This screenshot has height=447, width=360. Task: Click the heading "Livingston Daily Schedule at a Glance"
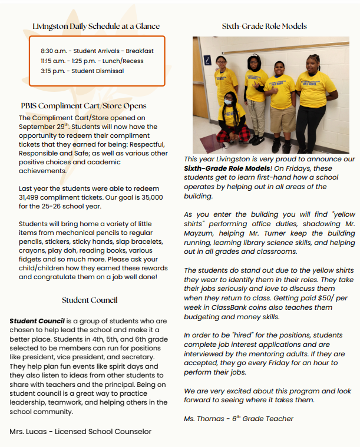point(96,27)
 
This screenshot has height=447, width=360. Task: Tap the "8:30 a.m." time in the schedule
point(54,51)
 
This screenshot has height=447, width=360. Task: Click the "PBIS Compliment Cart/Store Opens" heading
point(83,106)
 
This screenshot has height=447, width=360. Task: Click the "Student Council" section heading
point(90,300)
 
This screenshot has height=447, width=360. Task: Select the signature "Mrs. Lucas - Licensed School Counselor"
point(80,432)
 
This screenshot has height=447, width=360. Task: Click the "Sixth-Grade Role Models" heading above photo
point(264,27)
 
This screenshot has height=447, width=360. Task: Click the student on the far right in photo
point(315,97)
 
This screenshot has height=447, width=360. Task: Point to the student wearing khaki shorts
point(282,100)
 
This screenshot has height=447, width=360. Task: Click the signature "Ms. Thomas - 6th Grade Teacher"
point(238,419)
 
